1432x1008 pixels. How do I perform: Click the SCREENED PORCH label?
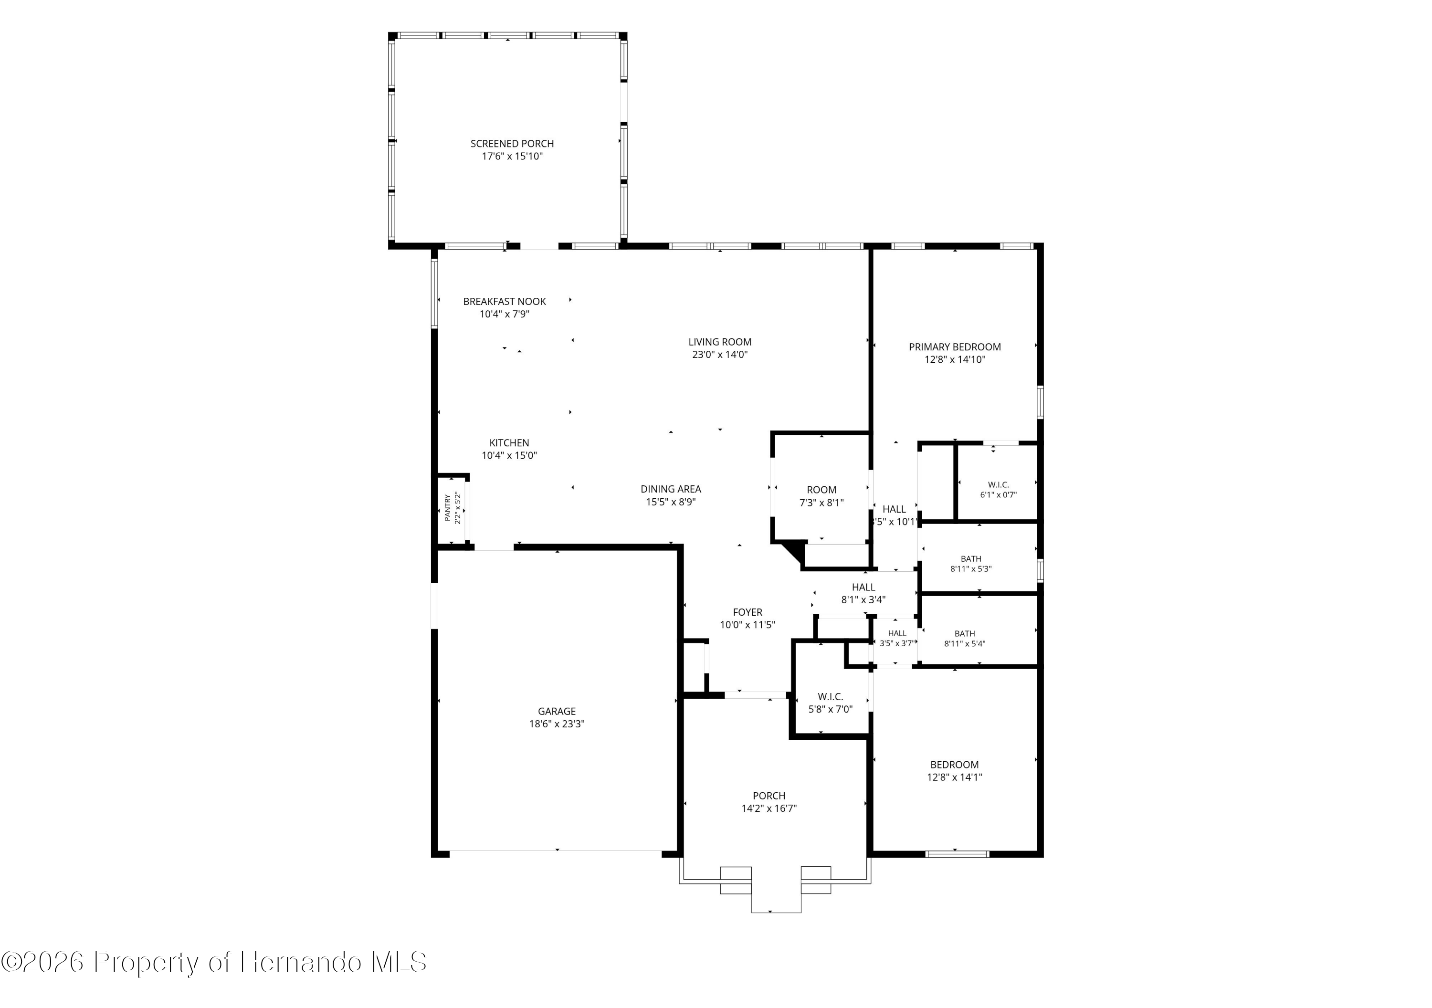pos(512,144)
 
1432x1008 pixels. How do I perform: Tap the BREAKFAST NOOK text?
pos(505,301)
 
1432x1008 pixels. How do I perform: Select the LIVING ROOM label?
pos(720,342)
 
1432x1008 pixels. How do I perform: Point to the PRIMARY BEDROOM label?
pos(955,347)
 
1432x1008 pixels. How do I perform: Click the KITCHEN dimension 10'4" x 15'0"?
pos(509,455)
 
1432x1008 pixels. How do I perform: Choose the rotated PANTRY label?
pos(447,508)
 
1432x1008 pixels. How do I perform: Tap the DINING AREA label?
pos(671,489)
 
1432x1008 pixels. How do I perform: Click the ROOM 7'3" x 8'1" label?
pos(821,496)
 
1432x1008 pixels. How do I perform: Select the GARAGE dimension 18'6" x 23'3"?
pos(557,724)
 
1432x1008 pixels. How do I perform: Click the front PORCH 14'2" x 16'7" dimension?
pos(769,808)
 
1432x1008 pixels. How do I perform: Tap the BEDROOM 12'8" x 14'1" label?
pos(954,771)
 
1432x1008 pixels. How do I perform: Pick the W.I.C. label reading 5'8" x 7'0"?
pos(830,703)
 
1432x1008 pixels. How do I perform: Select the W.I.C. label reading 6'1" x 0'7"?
pos(998,490)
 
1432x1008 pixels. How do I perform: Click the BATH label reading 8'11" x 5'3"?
pos(970,564)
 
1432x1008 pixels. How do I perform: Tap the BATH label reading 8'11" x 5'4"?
pos(964,639)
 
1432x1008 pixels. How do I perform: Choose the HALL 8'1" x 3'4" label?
pos(863,593)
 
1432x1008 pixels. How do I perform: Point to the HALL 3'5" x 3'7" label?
pos(897,638)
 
